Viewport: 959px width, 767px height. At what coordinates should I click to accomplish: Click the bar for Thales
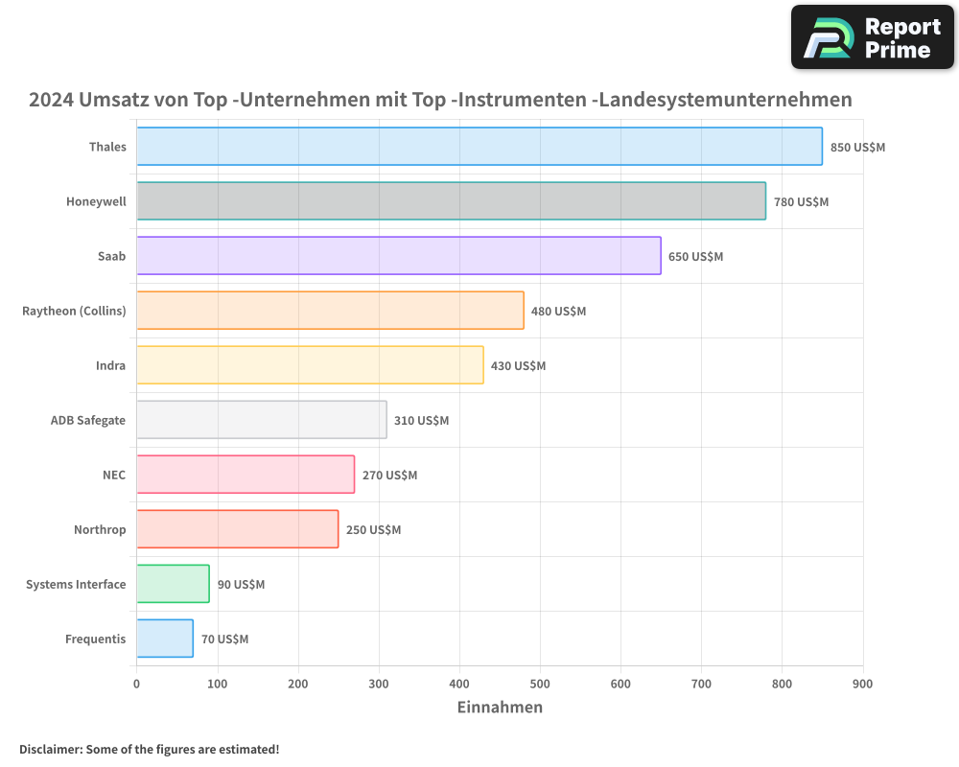[x=479, y=147]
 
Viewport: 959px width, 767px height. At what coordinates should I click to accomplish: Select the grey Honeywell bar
[x=451, y=201]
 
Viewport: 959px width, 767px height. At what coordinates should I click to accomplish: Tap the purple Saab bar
[x=398, y=256]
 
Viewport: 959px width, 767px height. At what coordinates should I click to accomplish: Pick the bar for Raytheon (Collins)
[x=330, y=311]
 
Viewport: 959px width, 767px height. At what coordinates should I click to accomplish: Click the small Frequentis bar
[x=165, y=639]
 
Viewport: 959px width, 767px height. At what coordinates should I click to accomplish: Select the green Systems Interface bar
[x=173, y=584]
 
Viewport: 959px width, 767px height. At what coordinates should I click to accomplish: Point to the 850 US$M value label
[x=857, y=148]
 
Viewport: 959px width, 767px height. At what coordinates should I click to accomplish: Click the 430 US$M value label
[x=518, y=366]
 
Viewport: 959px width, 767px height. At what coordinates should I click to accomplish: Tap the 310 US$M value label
[x=421, y=421]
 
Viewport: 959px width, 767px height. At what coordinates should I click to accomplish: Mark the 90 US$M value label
[x=241, y=585]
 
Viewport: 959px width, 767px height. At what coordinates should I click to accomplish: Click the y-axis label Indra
[x=110, y=365]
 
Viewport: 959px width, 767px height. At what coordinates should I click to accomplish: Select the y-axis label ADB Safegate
[x=88, y=420]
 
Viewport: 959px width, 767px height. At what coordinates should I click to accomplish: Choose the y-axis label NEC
[x=114, y=475]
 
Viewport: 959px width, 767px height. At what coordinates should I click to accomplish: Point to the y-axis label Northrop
[x=100, y=529]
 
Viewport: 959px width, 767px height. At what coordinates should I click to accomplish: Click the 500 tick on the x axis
[x=540, y=684]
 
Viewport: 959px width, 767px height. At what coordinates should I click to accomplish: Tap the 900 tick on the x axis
[x=862, y=684]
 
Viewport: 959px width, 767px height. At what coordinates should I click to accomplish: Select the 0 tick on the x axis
[x=137, y=684]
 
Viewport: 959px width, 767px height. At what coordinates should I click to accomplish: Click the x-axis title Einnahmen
[x=500, y=708]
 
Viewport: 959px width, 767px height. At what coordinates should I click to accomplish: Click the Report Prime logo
[x=872, y=37]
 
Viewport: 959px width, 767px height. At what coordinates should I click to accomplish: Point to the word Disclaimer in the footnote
[x=50, y=749]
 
